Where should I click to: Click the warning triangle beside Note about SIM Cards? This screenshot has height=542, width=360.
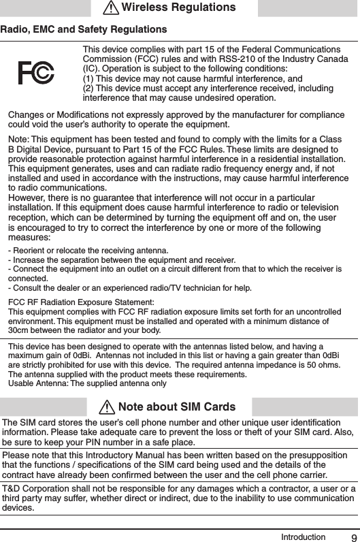(106, 407)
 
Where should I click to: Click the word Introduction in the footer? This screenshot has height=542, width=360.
(304, 537)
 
